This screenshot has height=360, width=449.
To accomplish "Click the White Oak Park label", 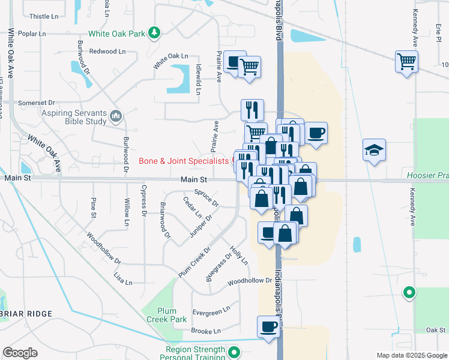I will point(117,33).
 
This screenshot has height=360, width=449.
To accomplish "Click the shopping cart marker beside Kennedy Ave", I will point(406,61).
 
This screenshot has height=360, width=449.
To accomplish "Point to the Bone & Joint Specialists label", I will point(184,161).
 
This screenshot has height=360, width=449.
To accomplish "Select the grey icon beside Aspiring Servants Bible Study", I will point(116,116).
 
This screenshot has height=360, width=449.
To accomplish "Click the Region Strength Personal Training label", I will point(192,353).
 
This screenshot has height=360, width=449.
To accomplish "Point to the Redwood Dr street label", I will point(103,52).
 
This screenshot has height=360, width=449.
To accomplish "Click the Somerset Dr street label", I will point(36,103).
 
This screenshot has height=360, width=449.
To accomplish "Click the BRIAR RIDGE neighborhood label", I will point(26,314).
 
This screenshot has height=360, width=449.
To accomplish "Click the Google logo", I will point(20,352).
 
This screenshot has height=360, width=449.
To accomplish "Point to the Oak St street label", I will point(435,329).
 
